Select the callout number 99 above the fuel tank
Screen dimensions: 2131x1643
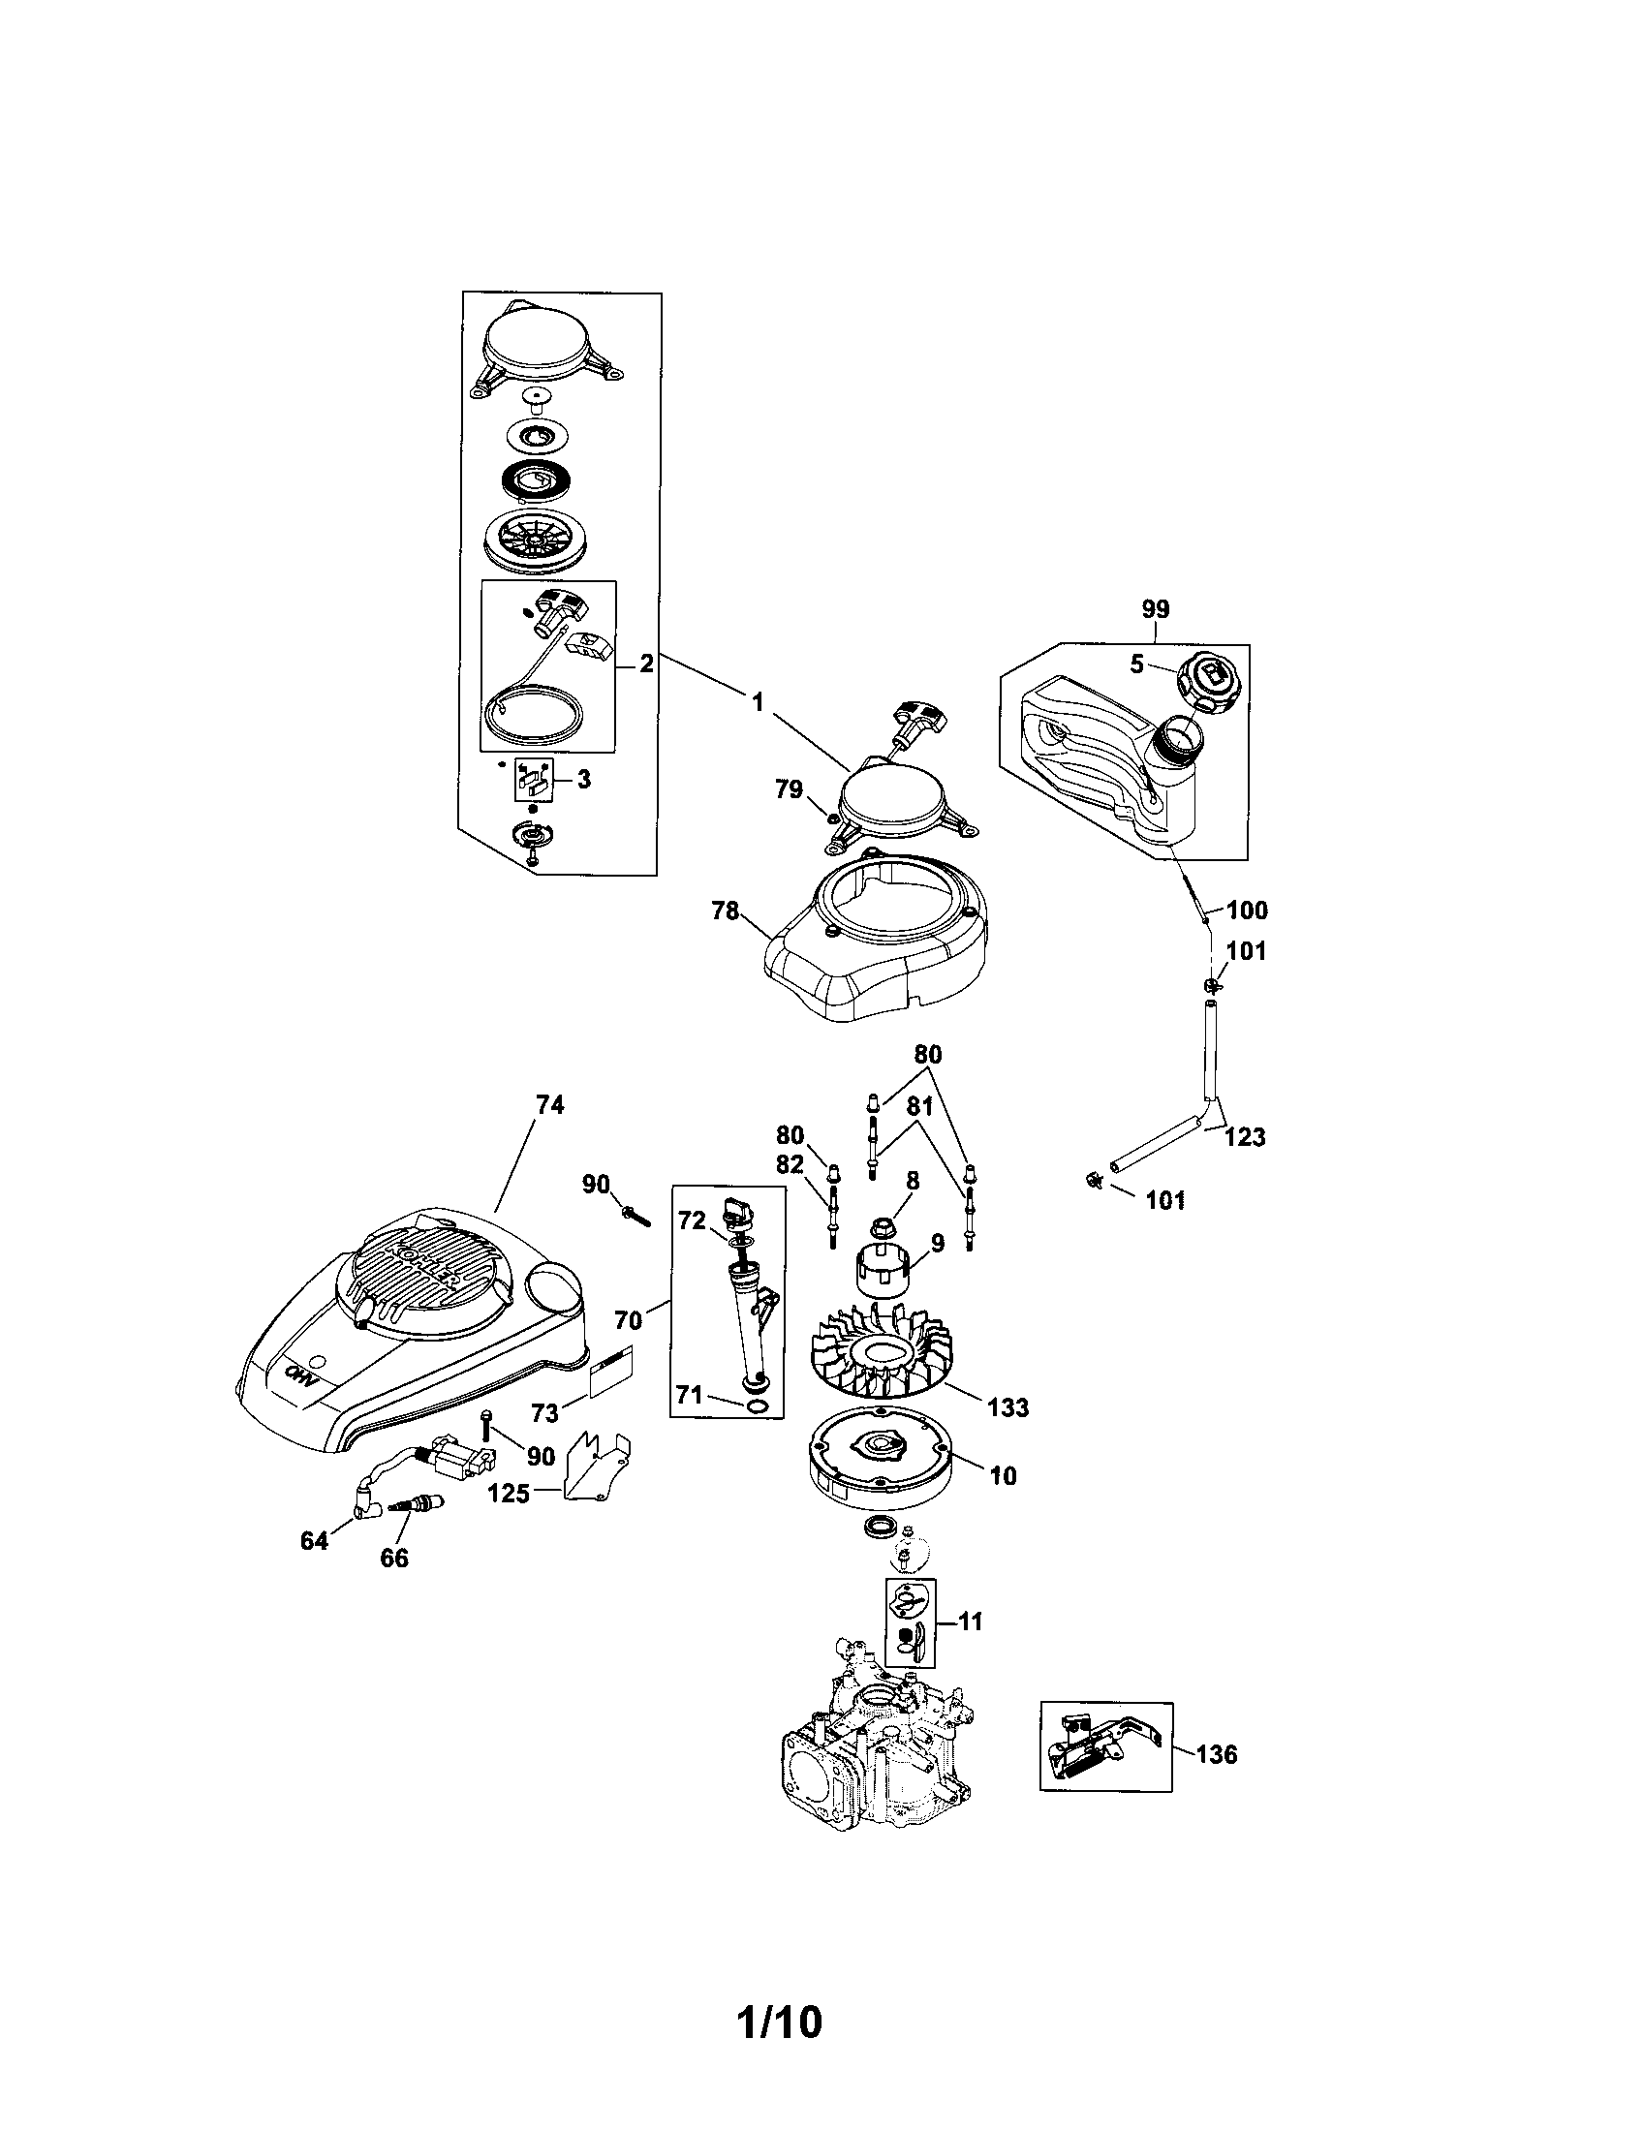pyautogui.click(x=1154, y=610)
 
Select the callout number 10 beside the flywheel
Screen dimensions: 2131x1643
pyautogui.click(x=1002, y=1476)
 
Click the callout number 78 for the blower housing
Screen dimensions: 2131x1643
pyautogui.click(x=725, y=912)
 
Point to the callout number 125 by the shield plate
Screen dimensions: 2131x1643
pyautogui.click(x=509, y=1493)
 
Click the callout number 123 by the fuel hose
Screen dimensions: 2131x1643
pyautogui.click(x=1244, y=1137)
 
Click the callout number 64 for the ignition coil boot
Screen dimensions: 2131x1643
pyautogui.click(x=314, y=1543)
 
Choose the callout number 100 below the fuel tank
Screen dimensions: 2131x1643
pyautogui.click(x=1246, y=911)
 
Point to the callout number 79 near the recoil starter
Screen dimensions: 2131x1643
pyautogui.click(x=789, y=789)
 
